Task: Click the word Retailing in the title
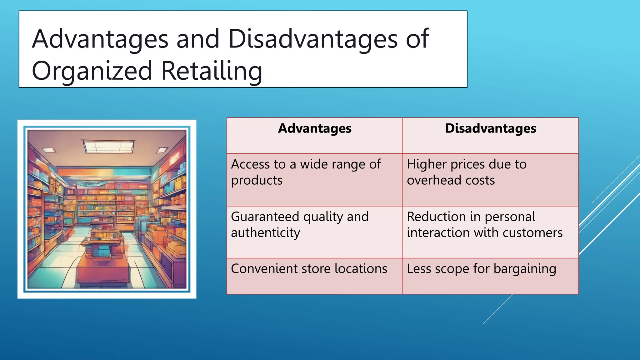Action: [x=212, y=71]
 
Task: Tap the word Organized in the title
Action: [x=92, y=71]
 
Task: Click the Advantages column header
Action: [x=315, y=128]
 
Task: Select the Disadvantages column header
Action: [x=491, y=128]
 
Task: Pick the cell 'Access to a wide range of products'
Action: [x=315, y=179]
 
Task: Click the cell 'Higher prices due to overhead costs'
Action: [x=491, y=179]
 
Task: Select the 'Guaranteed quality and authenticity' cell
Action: [x=315, y=232]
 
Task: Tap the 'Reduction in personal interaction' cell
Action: [x=491, y=232]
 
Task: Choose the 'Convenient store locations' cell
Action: [x=315, y=276]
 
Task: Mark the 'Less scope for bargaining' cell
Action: [x=491, y=276]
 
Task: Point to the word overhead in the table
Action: [x=433, y=180]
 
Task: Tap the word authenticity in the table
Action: [x=265, y=233]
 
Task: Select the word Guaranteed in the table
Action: [x=265, y=217]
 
